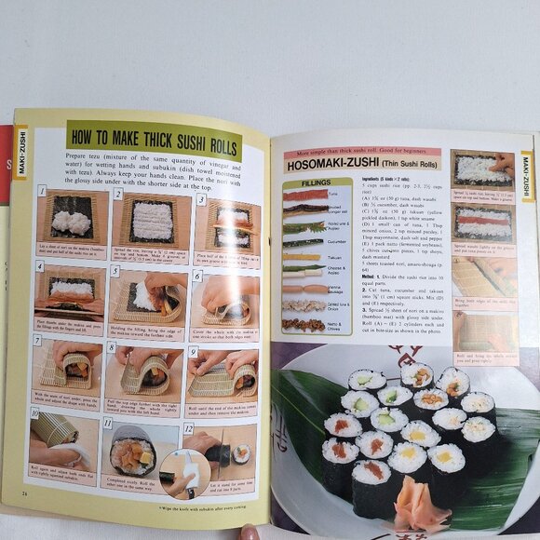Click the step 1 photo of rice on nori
click(x=72, y=216)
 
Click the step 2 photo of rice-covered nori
click(x=152, y=220)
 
